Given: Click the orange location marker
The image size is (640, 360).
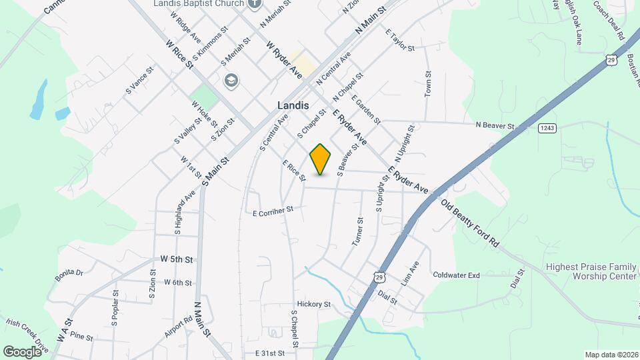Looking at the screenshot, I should pyautogui.click(x=321, y=159).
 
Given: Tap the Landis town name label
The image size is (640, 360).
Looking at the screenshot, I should pyautogui.click(x=293, y=105).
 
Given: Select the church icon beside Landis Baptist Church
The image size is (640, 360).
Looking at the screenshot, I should pyautogui.click(x=254, y=4).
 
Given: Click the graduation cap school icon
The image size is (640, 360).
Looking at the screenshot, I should pyautogui.click(x=231, y=81).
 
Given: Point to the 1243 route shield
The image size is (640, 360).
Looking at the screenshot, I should pyautogui.click(x=547, y=128).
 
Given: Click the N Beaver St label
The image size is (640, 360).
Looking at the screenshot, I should pyautogui.click(x=495, y=125).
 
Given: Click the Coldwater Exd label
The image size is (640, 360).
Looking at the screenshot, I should pyautogui.click(x=456, y=275).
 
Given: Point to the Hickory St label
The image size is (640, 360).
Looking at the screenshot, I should pyautogui.click(x=314, y=304).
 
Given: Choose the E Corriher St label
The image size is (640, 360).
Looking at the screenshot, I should pyautogui.click(x=273, y=212).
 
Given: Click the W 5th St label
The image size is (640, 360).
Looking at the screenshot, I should pyautogui.click(x=177, y=259).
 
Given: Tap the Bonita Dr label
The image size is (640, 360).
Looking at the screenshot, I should pyautogui.click(x=69, y=272).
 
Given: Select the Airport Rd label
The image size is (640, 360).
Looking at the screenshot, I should pyautogui.click(x=179, y=327).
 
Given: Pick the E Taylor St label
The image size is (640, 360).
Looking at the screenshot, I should pyautogui.click(x=400, y=42).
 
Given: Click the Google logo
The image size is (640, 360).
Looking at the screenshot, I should pyautogui.click(x=21, y=351).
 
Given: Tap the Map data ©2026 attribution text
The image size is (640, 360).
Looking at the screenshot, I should pyautogui.click(x=611, y=355).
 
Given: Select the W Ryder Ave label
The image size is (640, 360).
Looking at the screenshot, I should pyautogui.click(x=285, y=60).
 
